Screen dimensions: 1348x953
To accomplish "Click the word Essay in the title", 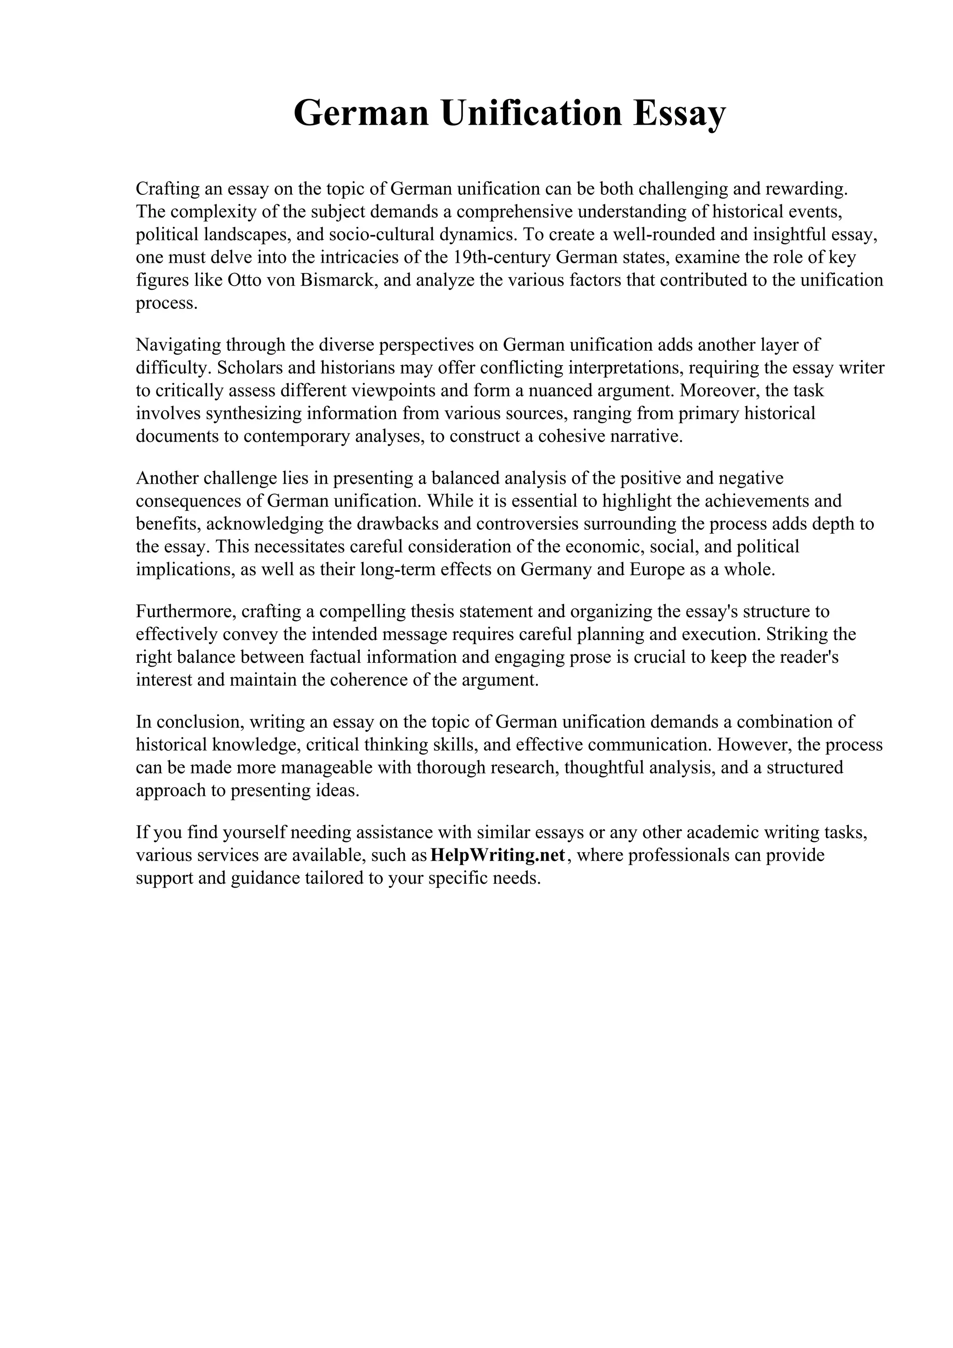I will (679, 113).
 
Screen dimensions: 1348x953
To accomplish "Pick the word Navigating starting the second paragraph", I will (179, 345).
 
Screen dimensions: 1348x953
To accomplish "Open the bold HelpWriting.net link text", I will (497, 855).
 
